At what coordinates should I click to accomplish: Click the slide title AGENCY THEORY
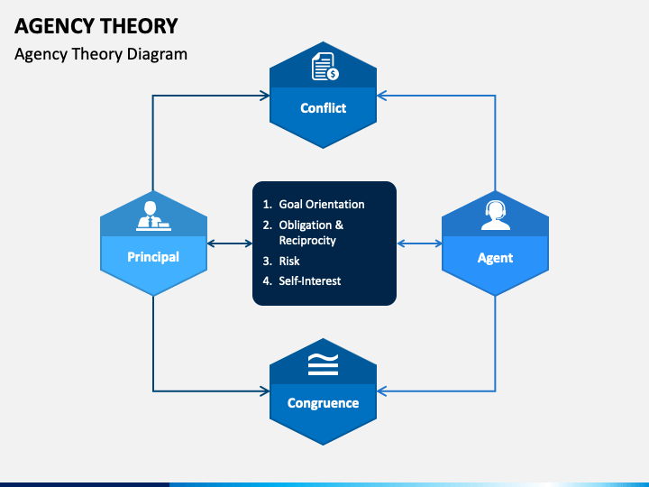pos(96,25)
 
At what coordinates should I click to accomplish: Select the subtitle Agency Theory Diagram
pos(101,53)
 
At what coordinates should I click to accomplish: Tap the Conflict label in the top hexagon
pos(323,107)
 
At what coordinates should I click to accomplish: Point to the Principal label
pos(153,257)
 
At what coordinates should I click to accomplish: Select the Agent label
pos(495,258)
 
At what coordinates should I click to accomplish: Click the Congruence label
pos(323,403)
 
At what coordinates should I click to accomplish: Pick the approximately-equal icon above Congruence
pos(323,363)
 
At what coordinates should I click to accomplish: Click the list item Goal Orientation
pos(322,205)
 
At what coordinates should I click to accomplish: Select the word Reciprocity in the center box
pos(307,241)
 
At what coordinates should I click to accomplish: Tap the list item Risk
pos(289,261)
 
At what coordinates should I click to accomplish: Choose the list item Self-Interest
pos(309,280)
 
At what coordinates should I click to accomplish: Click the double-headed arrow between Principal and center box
pos(230,243)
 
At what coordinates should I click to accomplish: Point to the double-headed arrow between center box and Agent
pos(419,243)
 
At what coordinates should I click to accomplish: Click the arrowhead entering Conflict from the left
pos(264,94)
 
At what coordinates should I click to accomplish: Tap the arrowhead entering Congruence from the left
pos(264,391)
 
